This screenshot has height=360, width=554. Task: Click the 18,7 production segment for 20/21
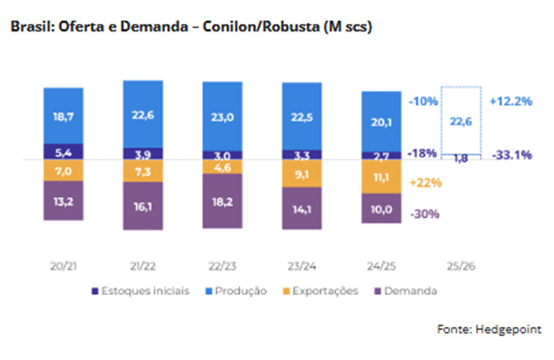click(63, 116)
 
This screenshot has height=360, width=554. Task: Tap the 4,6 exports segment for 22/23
click(222, 167)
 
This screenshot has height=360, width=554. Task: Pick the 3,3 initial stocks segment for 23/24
click(302, 153)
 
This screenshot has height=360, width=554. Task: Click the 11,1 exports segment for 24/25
click(381, 176)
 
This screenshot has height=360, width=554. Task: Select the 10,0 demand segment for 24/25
click(381, 208)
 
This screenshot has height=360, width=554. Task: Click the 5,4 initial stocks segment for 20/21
click(63, 152)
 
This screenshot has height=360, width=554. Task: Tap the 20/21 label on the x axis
click(64, 267)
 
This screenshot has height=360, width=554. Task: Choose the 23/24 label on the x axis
click(302, 267)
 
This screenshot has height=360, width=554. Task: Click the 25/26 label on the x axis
click(461, 267)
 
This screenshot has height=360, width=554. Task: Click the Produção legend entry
click(239, 291)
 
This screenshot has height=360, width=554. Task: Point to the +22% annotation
click(425, 182)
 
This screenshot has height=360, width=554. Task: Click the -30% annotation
click(424, 214)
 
